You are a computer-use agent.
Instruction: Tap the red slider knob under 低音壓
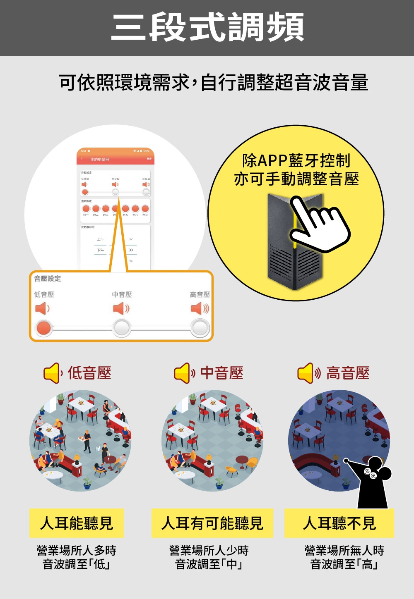pyautogui.click(x=43, y=328)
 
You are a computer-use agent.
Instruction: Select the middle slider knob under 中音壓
pyautogui.click(x=122, y=328)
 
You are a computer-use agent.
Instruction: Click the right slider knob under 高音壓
pyautogui.click(x=200, y=328)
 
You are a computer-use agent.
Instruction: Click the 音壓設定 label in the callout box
pyautogui.click(x=47, y=279)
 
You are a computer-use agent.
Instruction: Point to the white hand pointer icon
pyautogui.click(x=319, y=224)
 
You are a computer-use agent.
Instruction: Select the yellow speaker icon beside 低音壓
pyautogui.click(x=52, y=373)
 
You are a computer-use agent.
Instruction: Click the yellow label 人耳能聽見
pyautogui.click(x=77, y=523)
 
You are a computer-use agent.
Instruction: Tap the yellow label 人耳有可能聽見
pyautogui.click(x=212, y=523)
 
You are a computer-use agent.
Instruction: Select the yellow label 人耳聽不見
pyautogui.click(x=339, y=523)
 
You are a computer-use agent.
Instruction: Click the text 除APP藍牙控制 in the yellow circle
pyautogui.click(x=296, y=160)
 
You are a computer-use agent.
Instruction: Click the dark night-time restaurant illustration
pyautogui.click(x=331, y=438)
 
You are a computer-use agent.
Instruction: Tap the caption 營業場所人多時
pyautogui.click(x=77, y=550)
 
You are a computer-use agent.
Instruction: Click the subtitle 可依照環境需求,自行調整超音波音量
pyautogui.click(x=213, y=82)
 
